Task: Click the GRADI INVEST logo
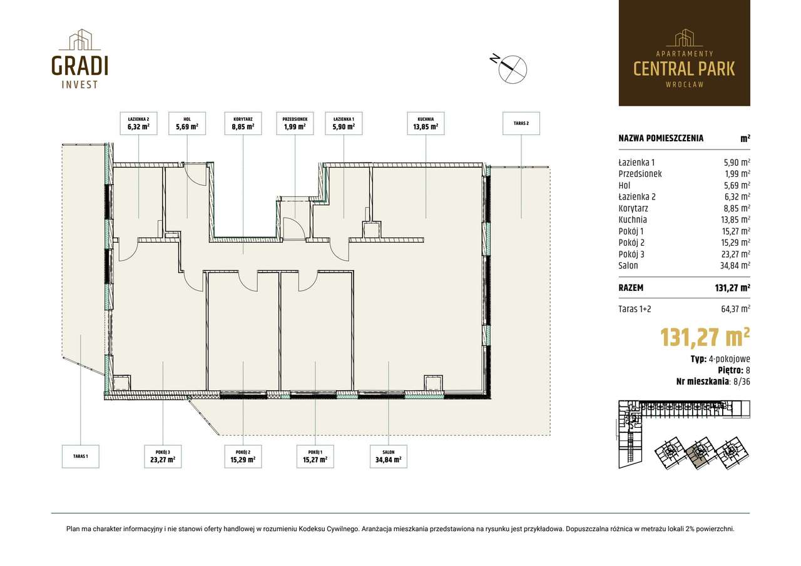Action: point(79,59)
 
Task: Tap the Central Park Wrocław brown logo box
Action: point(685,53)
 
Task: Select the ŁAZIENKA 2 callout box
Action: point(138,123)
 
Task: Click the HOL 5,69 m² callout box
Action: point(187,123)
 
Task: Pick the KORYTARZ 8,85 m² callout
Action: point(243,123)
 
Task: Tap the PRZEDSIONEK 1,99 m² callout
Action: point(295,123)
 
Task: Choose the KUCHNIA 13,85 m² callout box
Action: point(426,123)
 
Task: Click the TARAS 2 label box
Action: point(521,123)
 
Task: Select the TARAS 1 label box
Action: point(81,457)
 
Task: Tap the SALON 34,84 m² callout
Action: point(389,457)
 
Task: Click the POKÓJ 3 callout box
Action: point(163,457)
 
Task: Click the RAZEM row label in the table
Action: point(631,288)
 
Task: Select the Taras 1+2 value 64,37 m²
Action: point(735,309)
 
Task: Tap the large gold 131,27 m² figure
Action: point(705,337)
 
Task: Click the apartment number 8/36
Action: point(742,382)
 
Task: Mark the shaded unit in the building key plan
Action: point(699,453)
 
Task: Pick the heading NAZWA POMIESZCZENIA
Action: point(661,138)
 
